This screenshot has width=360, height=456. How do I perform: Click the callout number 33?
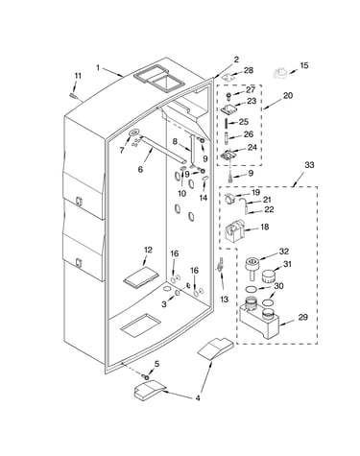pos(309,165)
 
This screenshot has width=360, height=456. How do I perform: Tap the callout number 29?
pos(302,317)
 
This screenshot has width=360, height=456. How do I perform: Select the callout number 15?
pos(304,65)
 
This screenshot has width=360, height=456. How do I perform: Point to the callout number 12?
pos(148,250)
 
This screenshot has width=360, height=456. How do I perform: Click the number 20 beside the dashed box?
pos(288,95)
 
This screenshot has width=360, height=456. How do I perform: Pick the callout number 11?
pos(78,76)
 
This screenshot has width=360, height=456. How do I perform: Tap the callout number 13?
pos(225,300)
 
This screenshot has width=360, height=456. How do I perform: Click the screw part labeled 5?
pos(147,377)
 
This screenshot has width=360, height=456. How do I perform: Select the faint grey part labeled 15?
pos(281,73)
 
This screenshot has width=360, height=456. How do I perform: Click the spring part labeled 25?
pos(227,122)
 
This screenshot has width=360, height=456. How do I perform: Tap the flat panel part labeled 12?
pos(141,276)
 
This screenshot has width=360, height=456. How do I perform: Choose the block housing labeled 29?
pos(258,320)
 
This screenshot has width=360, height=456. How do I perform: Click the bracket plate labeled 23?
pos(229,108)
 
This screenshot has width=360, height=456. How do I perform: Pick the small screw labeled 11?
pos(73,95)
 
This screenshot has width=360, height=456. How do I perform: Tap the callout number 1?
pos(98,67)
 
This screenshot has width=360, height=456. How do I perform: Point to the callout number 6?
pos(140,169)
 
